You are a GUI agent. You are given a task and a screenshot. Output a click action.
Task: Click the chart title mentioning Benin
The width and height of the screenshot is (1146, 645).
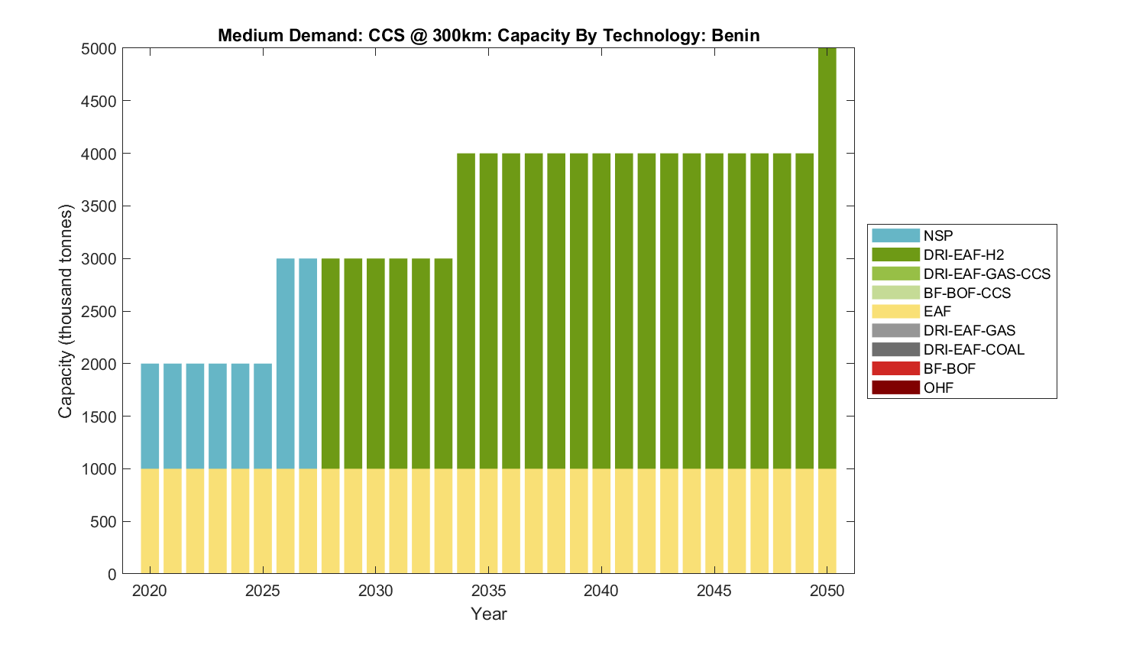click(x=489, y=35)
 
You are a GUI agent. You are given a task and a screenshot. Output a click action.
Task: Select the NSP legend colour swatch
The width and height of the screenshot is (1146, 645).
click(x=895, y=235)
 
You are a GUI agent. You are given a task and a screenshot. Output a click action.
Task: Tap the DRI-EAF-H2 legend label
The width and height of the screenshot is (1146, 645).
click(x=963, y=254)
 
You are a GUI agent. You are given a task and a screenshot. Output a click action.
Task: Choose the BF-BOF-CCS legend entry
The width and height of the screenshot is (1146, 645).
click(x=966, y=293)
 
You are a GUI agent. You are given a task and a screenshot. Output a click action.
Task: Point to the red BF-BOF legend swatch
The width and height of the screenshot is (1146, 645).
click(x=895, y=368)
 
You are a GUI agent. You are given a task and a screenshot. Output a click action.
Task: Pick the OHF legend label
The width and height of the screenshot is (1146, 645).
click(x=938, y=387)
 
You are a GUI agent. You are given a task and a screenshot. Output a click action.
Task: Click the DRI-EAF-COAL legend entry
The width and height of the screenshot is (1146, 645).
click(x=973, y=349)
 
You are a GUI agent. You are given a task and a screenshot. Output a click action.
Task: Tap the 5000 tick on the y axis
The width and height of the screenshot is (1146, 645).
click(x=99, y=49)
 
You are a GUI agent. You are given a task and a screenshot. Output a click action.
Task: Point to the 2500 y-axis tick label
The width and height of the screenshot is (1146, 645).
click(x=99, y=312)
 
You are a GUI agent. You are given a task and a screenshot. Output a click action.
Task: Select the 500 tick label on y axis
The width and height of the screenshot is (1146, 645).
click(x=102, y=522)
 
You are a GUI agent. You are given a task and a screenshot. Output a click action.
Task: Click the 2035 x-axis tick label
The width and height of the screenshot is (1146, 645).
click(x=488, y=591)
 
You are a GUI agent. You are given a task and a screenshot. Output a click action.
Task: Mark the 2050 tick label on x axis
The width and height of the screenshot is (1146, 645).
click(x=827, y=591)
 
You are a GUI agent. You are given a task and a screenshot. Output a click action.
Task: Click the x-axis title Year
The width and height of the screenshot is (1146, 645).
click(x=489, y=614)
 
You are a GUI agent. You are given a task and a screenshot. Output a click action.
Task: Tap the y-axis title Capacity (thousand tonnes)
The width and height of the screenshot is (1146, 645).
click(x=65, y=311)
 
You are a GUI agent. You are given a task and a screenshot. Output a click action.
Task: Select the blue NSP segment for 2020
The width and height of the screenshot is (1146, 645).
click(x=150, y=416)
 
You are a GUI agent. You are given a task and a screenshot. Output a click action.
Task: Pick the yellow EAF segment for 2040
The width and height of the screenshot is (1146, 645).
click(x=601, y=521)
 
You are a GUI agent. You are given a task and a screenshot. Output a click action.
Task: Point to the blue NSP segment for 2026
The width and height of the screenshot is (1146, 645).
click(x=285, y=364)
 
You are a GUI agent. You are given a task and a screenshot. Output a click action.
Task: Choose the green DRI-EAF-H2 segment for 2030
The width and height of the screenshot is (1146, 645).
click(x=376, y=364)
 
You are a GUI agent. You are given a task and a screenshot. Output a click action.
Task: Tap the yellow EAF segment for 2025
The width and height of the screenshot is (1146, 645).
click(x=263, y=521)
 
